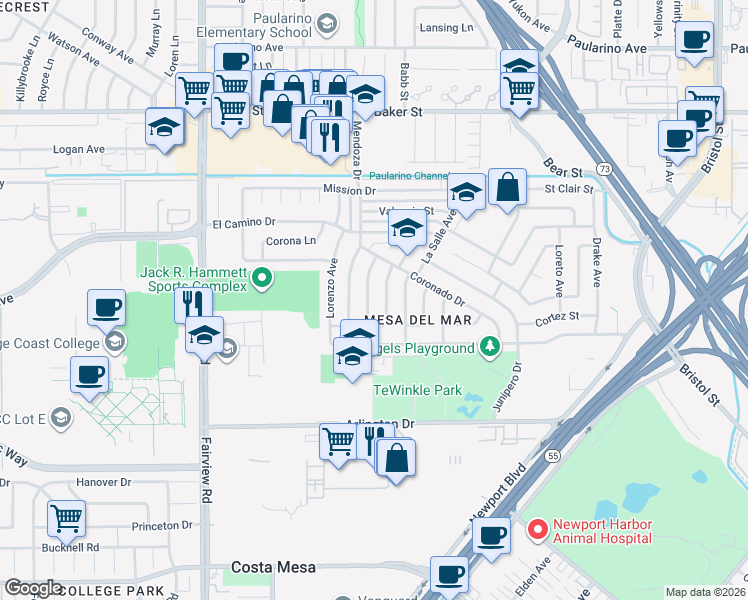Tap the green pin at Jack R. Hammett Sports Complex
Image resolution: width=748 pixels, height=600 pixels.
click(263, 278)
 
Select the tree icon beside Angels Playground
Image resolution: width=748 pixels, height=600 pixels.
click(489, 347)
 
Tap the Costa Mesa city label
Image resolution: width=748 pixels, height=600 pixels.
click(273, 567)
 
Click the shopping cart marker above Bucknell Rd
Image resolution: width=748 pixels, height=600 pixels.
click(66, 518)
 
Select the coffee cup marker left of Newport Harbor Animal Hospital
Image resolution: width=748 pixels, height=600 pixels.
click(490, 535)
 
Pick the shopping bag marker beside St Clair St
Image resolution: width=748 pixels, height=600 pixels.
click(507, 186)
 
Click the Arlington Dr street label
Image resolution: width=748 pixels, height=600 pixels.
click(379, 424)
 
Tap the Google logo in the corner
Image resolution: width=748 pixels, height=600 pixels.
click(34, 588)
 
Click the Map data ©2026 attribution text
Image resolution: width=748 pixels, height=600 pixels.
click(705, 592)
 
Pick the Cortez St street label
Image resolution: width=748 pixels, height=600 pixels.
click(557, 316)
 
